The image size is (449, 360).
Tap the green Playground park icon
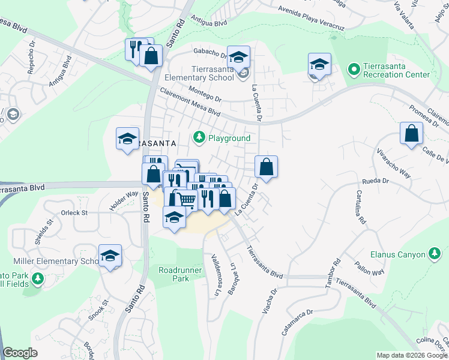coord(199,138)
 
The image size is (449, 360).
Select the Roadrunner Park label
coord(173,274)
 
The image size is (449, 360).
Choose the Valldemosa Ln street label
coord(214,270)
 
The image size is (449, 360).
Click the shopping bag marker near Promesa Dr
coord(412,134)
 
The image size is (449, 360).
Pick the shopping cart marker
coord(187,199)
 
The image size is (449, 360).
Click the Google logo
coord(20,353)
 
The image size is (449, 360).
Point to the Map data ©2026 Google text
coord(412,355)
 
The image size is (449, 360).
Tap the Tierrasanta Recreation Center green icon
coord(354,71)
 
